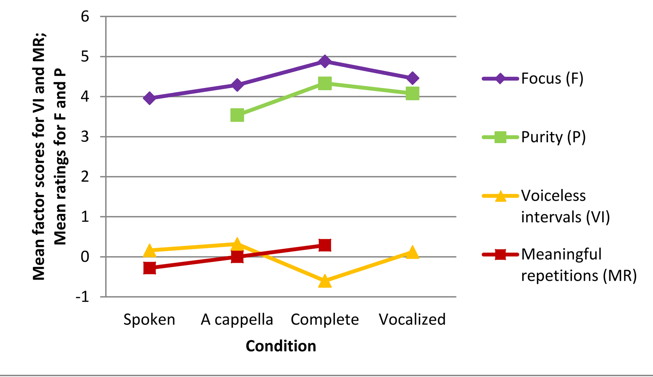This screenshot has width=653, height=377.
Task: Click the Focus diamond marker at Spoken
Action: pos(150,98)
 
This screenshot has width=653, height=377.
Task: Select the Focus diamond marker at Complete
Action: pos(325,61)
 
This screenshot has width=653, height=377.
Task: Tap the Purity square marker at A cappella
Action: pos(237,115)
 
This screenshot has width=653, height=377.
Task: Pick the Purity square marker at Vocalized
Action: pos(412,93)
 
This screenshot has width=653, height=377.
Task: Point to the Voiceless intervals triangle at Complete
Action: pos(325,281)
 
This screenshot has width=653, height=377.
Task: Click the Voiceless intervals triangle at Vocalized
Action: pos(412,252)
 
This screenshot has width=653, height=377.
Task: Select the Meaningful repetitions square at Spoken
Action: pos(150,268)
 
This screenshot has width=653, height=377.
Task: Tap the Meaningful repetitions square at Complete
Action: pos(325,245)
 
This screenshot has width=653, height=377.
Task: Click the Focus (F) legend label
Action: pos(552,79)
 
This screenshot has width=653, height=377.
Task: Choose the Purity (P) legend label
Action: pos(553,137)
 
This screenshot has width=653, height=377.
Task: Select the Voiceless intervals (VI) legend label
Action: pos(565,206)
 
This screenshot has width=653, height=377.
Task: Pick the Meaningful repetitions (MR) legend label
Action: pos(579,264)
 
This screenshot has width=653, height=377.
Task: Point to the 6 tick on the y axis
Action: pos(85,17)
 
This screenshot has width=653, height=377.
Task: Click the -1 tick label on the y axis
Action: pos(82,297)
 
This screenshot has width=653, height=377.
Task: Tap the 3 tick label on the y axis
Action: pos(85,137)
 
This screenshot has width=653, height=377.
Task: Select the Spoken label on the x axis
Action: pos(149,319)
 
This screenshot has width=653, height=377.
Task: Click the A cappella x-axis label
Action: pos(237,319)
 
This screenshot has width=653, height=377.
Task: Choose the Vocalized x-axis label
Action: pos(412,319)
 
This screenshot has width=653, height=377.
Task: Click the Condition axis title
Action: pos(281,346)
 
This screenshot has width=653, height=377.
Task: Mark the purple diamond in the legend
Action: pos(500,79)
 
